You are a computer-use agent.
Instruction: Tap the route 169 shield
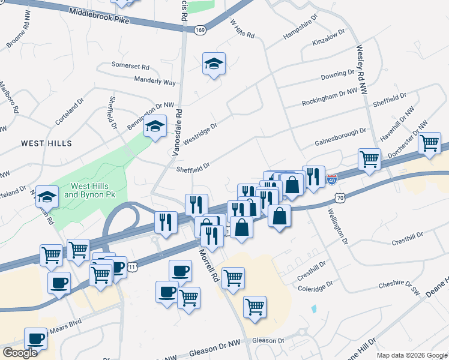click(x=200, y=29)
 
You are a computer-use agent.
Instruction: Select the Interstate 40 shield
click(x=333, y=179)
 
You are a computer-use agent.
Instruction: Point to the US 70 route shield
click(x=340, y=197)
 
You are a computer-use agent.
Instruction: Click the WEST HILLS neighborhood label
click(x=46, y=143)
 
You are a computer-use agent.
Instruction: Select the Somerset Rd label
click(x=130, y=65)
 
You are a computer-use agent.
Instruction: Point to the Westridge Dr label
click(x=199, y=133)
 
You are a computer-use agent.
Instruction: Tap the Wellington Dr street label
click(x=337, y=227)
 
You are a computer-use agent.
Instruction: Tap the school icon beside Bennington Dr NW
click(x=155, y=127)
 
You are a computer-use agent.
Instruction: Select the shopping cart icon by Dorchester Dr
click(x=429, y=143)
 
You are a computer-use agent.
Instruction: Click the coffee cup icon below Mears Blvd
click(x=35, y=338)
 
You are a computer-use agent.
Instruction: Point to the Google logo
click(x=20, y=353)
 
